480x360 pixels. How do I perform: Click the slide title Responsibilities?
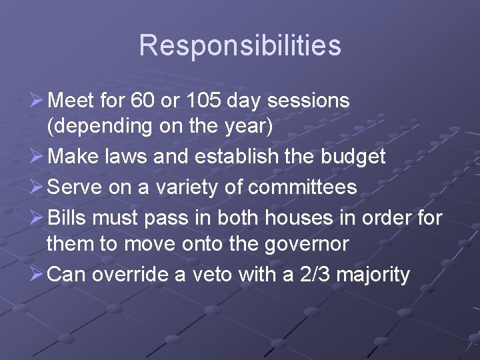(240, 45)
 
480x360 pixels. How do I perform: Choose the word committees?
(303, 187)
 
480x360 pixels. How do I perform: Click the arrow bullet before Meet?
(37, 101)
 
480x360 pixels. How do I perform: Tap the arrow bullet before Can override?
(37, 274)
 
